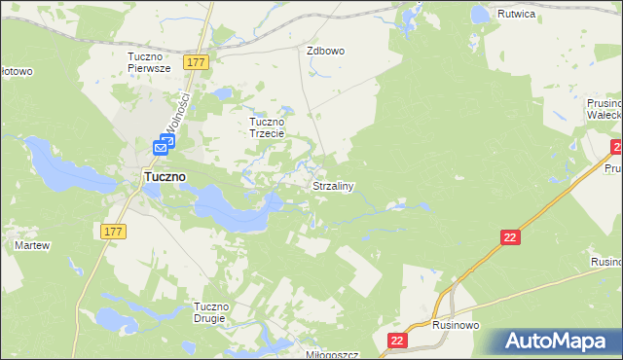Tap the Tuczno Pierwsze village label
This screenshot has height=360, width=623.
[149, 62]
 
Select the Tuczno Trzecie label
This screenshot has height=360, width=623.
[267, 128]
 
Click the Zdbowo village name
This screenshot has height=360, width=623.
[326, 51]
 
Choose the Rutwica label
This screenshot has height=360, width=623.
[518, 15]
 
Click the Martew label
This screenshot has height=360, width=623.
[32, 246]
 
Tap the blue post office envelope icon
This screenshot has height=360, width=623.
[163, 147]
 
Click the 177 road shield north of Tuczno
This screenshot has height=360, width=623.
[197, 61]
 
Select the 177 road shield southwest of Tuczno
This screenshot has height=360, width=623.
[113, 231]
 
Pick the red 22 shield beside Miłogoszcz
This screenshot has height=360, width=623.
[397, 340]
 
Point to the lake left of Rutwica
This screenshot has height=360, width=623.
[479, 15]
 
